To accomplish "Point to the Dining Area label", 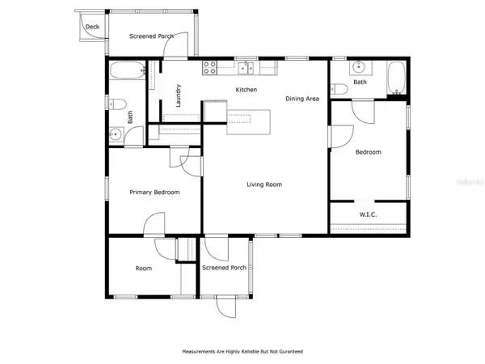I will coord(303,99).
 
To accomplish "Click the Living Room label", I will coord(264,184).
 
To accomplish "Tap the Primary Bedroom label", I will coord(154,192).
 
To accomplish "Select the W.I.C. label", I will coord(369,214).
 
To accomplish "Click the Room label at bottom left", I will coord(144,268).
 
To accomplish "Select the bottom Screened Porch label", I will coord(224,268).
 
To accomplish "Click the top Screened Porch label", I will coord(152,36).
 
